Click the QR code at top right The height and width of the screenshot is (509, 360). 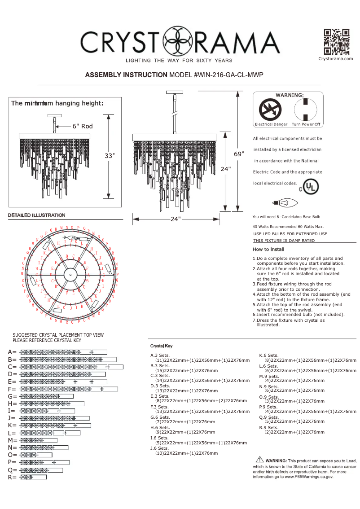coord(336,42)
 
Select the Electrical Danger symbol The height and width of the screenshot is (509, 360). coord(270,109)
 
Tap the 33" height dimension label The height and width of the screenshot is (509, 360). coord(110,156)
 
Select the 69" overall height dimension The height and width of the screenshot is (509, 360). coord(239,154)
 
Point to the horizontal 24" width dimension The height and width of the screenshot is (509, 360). coord(176,219)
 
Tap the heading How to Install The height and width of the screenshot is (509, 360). coord(268,249)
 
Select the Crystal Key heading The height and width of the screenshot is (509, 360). coord(161,346)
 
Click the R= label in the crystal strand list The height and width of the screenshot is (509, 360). coord(12,478)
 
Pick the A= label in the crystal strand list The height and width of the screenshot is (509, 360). coord(12,352)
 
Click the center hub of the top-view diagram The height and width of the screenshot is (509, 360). coord(70,273)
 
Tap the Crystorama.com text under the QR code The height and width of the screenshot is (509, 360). coord(336,59)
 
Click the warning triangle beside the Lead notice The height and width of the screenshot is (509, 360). coord(259,459)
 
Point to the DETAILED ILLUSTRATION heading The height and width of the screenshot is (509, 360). coord(36,215)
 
